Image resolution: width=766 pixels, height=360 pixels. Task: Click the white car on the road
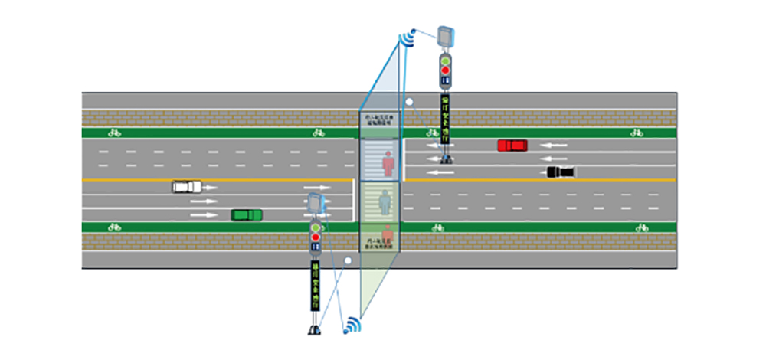coord(186,186)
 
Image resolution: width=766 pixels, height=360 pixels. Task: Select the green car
coord(247,214)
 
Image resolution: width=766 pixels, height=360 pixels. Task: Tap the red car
coord(512,145)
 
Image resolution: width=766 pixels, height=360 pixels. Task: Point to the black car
coord(561,172)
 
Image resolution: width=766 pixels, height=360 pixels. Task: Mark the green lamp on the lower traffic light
coord(315,227)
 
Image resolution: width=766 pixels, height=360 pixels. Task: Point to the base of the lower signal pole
coord(313,330)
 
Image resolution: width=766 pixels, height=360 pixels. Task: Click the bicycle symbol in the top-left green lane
coord(114,133)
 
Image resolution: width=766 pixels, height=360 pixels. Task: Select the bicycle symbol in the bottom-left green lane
coord(114,227)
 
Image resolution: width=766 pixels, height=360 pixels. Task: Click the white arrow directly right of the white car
coord(211,187)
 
